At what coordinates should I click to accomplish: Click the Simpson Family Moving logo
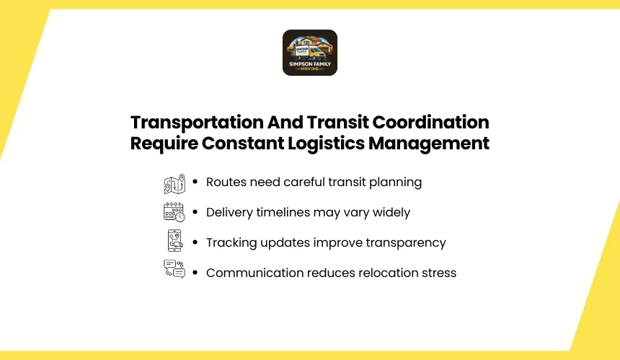310,53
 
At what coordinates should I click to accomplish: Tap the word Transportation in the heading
197,122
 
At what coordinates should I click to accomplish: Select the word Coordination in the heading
430,122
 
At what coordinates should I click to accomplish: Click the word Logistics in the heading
326,144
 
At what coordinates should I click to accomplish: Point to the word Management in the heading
429,144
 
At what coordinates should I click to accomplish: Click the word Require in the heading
164,144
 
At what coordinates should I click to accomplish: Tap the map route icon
174,183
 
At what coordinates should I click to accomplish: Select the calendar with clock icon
174,212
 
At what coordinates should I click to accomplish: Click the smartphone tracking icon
175,240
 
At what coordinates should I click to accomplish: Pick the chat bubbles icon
174,269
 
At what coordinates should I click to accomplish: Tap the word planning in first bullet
395,183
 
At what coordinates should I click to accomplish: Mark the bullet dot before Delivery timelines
195,212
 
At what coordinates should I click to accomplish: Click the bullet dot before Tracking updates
195,242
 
